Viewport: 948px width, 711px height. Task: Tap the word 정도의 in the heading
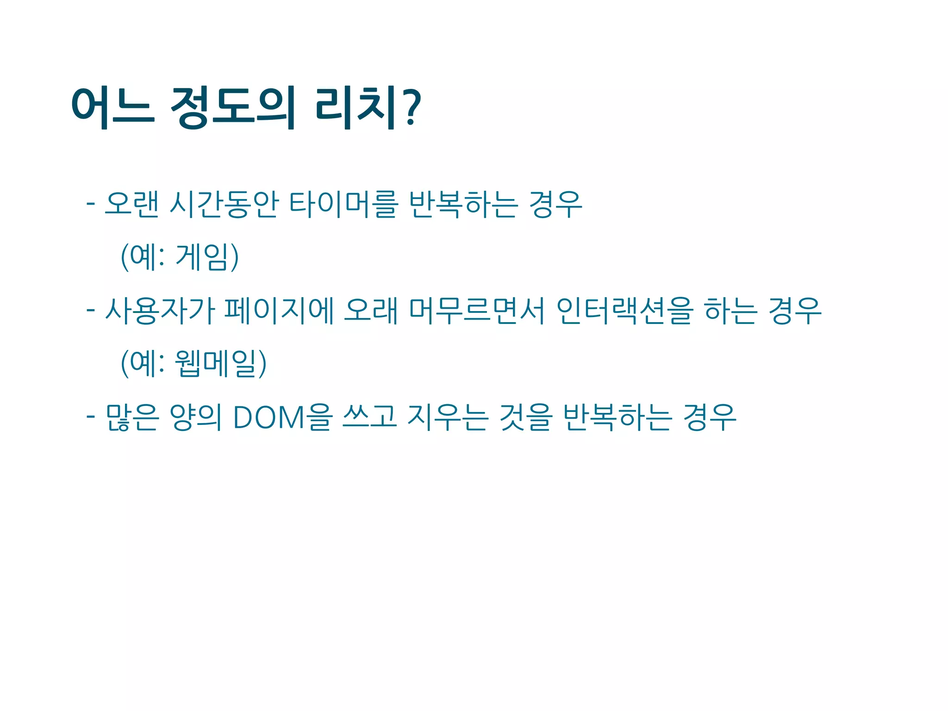[x=233, y=108]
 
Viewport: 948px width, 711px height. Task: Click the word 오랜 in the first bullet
[x=131, y=204]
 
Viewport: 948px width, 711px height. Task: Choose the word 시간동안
[x=224, y=204]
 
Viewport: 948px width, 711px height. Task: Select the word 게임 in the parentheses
[x=202, y=257]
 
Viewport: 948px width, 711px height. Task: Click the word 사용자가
[x=160, y=311]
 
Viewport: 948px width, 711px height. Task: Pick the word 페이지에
[x=279, y=311]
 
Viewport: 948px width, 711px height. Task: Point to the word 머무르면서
[x=477, y=311]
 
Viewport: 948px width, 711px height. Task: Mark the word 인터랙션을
[x=624, y=311]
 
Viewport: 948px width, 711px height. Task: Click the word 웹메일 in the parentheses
[x=215, y=363]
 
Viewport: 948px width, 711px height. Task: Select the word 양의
[x=195, y=417]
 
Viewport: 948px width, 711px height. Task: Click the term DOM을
[x=282, y=417]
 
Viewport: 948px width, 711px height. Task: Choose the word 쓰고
[x=369, y=417]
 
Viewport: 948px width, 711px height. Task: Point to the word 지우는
[x=447, y=417]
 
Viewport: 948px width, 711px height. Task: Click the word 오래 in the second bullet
[x=371, y=311]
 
